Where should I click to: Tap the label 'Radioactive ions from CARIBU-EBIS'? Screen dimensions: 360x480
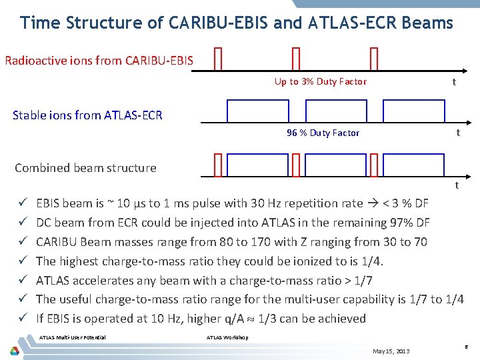99,61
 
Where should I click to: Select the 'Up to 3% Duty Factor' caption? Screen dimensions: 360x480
320,81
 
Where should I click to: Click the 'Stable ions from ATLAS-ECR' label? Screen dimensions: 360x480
87,115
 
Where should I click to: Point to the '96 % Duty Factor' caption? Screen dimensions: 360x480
323,133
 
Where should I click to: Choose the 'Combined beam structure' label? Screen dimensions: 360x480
85,168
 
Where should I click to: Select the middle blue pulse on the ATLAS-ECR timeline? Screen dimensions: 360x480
327,111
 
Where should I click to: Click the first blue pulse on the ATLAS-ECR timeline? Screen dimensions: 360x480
249,111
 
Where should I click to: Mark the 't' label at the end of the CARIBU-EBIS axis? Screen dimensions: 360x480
454,82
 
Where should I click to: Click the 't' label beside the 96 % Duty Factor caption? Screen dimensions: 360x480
457,133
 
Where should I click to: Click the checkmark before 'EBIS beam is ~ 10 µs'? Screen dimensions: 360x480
23,203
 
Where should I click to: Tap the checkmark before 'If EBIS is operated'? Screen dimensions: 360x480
23,319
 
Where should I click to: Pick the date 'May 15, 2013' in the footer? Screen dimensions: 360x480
391,351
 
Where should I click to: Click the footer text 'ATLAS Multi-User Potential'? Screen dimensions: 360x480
72,337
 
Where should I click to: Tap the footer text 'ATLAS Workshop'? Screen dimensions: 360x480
227,337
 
